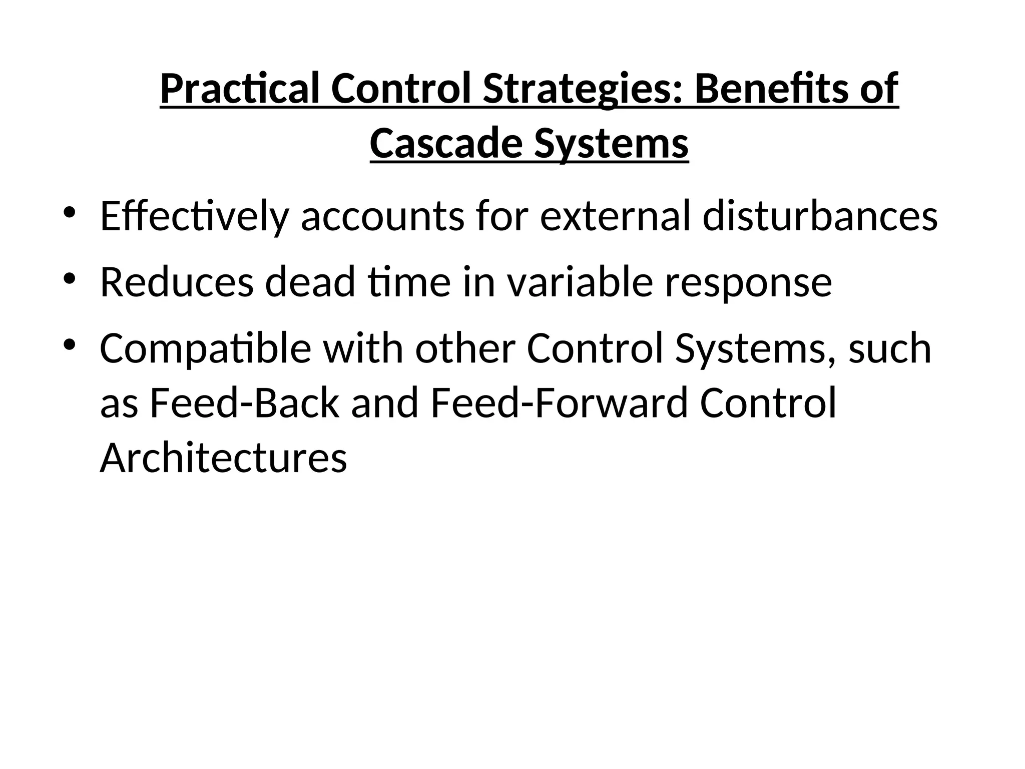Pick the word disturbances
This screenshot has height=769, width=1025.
pos(820,216)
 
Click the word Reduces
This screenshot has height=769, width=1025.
pos(177,282)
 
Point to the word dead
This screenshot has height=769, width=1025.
pos(310,282)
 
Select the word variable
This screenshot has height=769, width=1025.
pos(580,282)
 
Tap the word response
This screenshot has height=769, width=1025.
pos(748,283)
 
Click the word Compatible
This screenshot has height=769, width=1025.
pos(205,349)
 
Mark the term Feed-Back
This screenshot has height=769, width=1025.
pos(244,404)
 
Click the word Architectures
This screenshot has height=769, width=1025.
pos(223,458)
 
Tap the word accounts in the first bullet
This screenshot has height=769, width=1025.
pos(382,216)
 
